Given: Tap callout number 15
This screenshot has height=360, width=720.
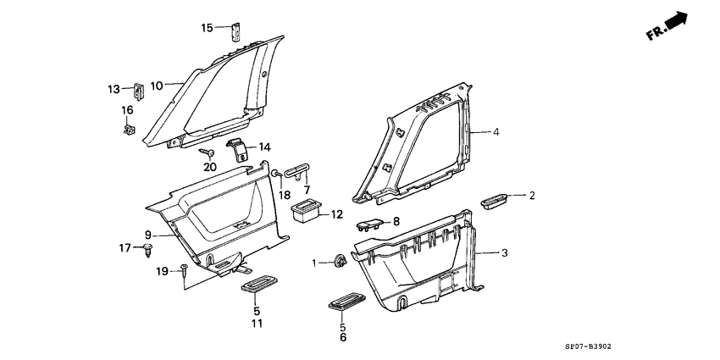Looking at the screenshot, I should [207, 28].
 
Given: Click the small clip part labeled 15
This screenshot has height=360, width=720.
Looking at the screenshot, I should [236, 31].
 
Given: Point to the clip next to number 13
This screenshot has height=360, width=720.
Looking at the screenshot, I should [137, 90].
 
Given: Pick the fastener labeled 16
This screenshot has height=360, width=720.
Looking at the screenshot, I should [130, 130].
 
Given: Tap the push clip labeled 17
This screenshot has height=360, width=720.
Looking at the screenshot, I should [148, 249].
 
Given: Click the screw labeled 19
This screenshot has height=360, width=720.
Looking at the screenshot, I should [184, 270].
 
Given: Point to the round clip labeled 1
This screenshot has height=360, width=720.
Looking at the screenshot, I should [340, 262].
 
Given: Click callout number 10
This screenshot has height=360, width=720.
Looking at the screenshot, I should [157, 86].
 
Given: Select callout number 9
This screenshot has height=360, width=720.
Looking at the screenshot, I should [147, 235].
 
